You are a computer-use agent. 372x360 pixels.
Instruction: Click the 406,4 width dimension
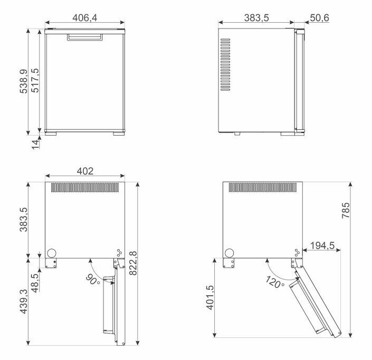tap(85, 18)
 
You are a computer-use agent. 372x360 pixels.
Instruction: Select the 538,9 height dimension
tap(24, 81)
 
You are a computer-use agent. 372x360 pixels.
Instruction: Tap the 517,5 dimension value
tap(35, 80)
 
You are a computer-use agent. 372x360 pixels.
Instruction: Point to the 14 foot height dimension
tap(35, 144)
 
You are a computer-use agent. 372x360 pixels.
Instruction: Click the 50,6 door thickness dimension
tap(319, 18)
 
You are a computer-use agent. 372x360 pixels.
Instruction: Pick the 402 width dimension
tap(85, 171)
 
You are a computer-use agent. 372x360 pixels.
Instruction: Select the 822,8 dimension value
tap(133, 263)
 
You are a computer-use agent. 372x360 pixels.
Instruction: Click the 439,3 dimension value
tap(24, 301)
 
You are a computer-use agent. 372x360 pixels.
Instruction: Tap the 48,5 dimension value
tap(35, 283)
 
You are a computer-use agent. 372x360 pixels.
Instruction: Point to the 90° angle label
tap(93, 280)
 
